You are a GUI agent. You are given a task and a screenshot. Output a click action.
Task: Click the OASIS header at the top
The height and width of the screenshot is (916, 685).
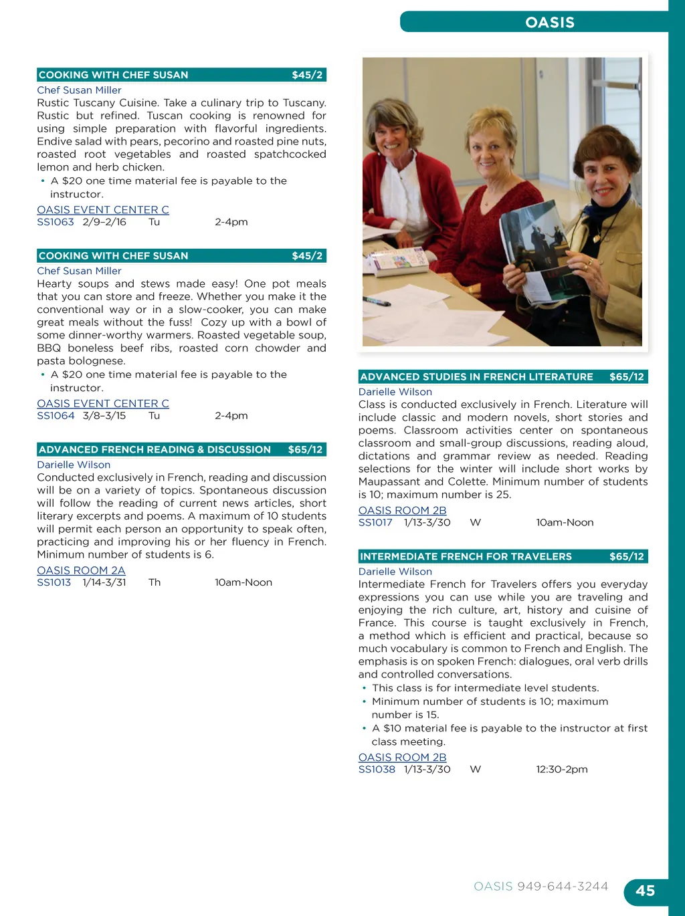[x=550, y=22]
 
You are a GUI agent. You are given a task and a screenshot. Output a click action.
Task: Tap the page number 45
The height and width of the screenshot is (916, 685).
[x=645, y=891]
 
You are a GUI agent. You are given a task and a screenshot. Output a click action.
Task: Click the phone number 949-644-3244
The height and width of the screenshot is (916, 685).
[x=563, y=886]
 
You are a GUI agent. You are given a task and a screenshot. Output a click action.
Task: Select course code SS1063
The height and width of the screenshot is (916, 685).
[x=56, y=222]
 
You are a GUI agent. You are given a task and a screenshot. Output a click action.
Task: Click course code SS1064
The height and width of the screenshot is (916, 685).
[x=56, y=416]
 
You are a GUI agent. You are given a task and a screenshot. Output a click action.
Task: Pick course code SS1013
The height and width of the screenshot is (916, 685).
[x=54, y=582]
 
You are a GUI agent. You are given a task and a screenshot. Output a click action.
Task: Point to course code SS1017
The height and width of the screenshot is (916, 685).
[x=375, y=522]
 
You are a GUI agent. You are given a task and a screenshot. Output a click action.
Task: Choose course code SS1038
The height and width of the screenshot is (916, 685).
[x=377, y=770]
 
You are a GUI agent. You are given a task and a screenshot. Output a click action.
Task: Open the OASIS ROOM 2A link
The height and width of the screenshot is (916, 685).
[x=81, y=570]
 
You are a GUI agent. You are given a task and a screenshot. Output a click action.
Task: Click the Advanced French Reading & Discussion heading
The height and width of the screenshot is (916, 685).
[x=155, y=449]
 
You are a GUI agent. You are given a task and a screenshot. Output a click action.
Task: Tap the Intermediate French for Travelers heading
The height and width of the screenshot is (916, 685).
[x=466, y=556]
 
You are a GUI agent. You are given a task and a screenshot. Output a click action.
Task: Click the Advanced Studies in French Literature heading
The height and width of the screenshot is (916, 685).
[x=476, y=376]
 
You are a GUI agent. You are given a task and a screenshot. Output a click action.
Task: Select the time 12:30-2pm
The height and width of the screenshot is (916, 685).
[x=562, y=770]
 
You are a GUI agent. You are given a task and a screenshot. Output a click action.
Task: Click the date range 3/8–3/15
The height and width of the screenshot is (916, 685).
[x=104, y=416]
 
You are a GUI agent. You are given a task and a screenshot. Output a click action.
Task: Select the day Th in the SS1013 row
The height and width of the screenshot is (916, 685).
[x=155, y=582]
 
